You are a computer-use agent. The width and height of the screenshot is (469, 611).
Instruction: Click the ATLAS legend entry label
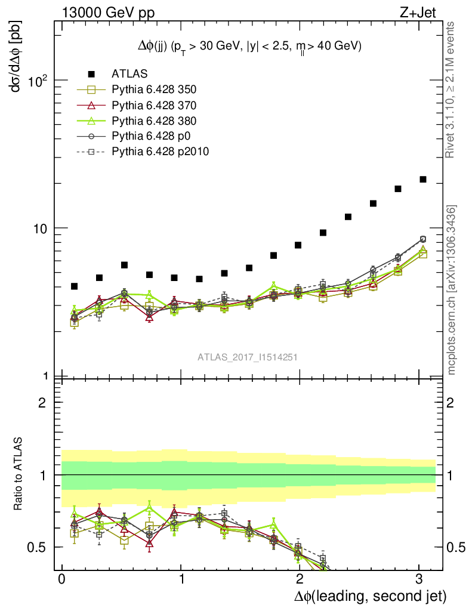coord(129,74)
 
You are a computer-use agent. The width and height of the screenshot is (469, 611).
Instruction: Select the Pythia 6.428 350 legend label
coord(154,90)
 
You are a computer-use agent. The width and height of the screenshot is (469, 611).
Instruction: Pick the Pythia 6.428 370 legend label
coord(154,105)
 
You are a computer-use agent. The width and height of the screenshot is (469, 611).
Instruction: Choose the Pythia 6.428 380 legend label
coord(154,121)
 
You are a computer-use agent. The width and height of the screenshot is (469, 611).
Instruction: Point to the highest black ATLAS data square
coord(423,179)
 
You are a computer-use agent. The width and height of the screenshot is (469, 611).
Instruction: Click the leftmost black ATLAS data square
coord(75,286)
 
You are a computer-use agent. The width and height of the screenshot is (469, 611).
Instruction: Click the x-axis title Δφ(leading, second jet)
coord(370,595)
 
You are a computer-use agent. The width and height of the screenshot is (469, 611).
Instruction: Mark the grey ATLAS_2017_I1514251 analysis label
coord(248,357)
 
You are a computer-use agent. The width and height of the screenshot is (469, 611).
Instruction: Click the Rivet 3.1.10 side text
coord(451,90)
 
